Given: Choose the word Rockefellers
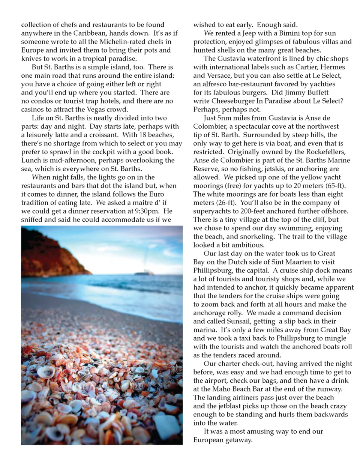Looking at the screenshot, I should pyautogui.click(x=323, y=152).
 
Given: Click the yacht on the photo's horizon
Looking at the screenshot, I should pyautogui.click(x=144, y=274).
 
